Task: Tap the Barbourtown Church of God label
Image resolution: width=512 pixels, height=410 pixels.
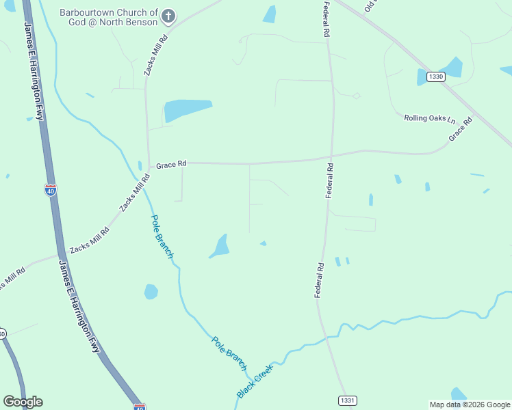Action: click(110, 18)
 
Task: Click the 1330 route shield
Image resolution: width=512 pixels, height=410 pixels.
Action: click(437, 77)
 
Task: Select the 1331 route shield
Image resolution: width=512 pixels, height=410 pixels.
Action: click(348, 400)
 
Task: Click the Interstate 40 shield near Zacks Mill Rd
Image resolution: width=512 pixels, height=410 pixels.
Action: click(51, 190)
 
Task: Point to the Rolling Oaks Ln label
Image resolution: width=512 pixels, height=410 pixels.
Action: click(429, 118)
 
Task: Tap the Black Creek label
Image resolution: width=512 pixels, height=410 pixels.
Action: click(255, 381)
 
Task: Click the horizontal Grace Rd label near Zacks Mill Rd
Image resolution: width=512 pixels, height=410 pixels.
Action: click(171, 165)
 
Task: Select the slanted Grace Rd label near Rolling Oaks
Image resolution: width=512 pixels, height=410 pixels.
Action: click(461, 130)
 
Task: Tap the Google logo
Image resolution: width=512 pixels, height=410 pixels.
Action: click(23, 402)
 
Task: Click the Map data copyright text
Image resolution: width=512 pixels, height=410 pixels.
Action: click(470, 405)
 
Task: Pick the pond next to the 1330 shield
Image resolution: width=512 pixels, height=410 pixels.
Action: click(452, 68)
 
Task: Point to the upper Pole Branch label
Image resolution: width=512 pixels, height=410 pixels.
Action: click(162, 236)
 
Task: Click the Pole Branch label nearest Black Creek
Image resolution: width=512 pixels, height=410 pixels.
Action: click(229, 353)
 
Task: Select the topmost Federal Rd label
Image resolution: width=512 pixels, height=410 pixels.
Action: click(327, 19)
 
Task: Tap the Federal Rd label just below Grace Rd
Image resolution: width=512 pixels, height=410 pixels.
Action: click(329, 181)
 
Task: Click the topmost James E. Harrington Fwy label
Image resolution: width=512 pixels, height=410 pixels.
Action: click(34, 72)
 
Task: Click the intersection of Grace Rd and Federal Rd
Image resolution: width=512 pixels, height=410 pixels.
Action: click(331, 159)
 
